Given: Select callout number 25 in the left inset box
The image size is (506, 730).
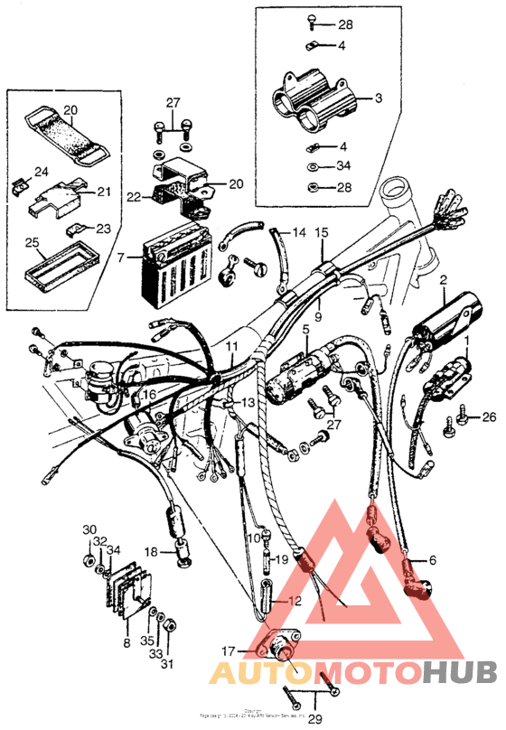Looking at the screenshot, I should pos(32,243).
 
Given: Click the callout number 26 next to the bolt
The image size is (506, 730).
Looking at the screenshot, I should pos(489,416).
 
